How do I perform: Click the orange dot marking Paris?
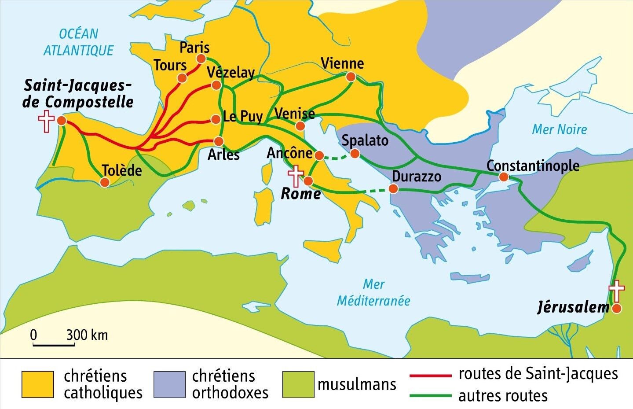point(201,59)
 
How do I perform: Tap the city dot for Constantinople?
point(504,177)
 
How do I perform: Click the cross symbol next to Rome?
point(296,176)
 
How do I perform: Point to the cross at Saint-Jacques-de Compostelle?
point(46,122)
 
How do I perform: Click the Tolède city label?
point(122,170)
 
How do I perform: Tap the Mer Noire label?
point(559,129)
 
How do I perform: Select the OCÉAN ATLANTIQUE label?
point(79,42)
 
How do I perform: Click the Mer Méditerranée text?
point(373,293)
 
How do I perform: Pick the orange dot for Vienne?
point(351,77)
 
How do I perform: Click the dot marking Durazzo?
point(393,189)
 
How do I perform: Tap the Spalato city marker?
point(355,154)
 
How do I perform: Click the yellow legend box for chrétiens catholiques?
point(37,384)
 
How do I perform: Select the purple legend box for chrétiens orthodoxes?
point(169,384)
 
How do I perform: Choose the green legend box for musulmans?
point(298,384)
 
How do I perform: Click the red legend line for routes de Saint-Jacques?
point(430,376)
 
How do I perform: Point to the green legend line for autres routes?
point(430,395)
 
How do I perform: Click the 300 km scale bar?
point(54,345)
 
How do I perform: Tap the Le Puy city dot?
point(216,119)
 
